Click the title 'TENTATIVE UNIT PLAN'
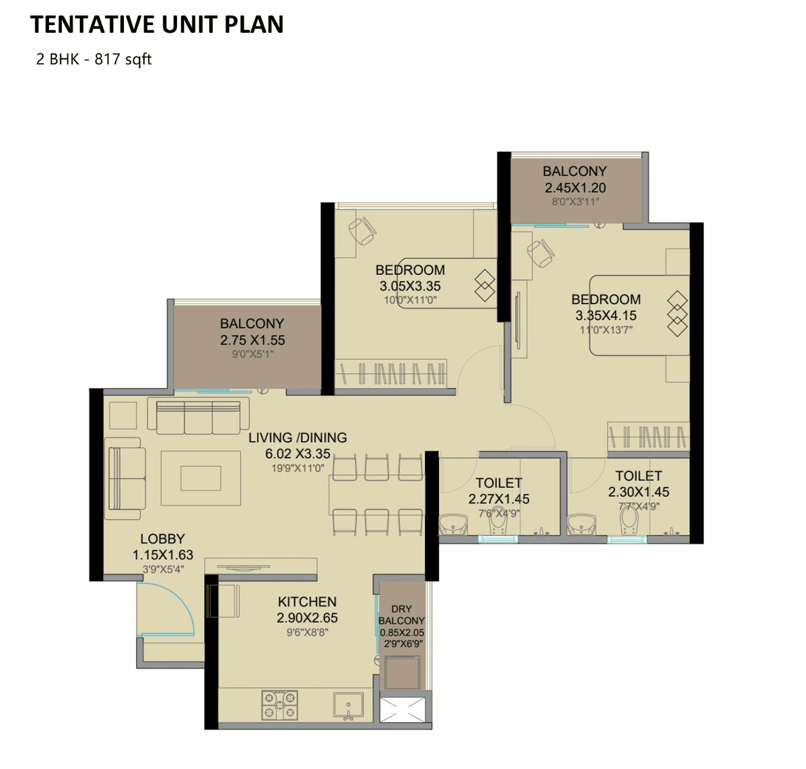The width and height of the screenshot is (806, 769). click(x=157, y=25)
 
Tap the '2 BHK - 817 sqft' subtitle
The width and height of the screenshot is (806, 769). click(x=94, y=59)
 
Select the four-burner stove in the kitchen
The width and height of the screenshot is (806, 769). click(x=280, y=705)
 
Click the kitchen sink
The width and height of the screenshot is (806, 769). click(x=348, y=705)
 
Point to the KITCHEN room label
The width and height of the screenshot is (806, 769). click(x=307, y=602)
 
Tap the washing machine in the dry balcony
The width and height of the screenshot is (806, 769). click(x=402, y=672)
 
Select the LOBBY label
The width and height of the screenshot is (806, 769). click(x=162, y=539)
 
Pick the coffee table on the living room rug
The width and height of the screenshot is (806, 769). click(x=201, y=478)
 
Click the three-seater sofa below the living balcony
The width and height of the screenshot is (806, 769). click(x=198, y=416)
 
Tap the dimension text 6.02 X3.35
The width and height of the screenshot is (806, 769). click(x=298, y=454)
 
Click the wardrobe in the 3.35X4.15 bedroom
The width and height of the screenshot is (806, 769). click(x=648, y=436)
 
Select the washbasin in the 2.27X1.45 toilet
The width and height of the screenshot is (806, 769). click(x=452, y=524)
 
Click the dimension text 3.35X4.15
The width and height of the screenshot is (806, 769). click(x=606, y=316)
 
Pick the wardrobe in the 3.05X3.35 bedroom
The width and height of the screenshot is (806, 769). click(x=390, y=373)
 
